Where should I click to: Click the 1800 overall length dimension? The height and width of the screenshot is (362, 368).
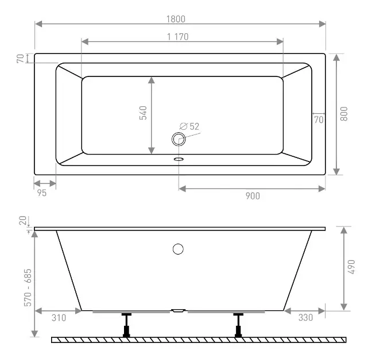(x=176, y=19)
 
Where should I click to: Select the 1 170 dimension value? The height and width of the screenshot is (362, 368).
(x=177, y=37)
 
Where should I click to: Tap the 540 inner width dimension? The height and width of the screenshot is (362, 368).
(x=143, y=113)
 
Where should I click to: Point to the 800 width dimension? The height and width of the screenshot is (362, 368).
(x=344, y=114)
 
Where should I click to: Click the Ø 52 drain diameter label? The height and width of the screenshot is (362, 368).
(x=189, y=126)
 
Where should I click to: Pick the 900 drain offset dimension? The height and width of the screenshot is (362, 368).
(x=253, y=196)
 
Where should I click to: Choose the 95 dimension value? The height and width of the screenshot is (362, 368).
(x=42, y=193)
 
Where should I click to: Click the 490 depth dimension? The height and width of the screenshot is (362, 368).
(x=351, y=267)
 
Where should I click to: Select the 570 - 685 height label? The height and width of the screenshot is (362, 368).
(x=28, y=287)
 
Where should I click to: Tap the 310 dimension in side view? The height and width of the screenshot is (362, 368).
(x=59, y=318)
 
